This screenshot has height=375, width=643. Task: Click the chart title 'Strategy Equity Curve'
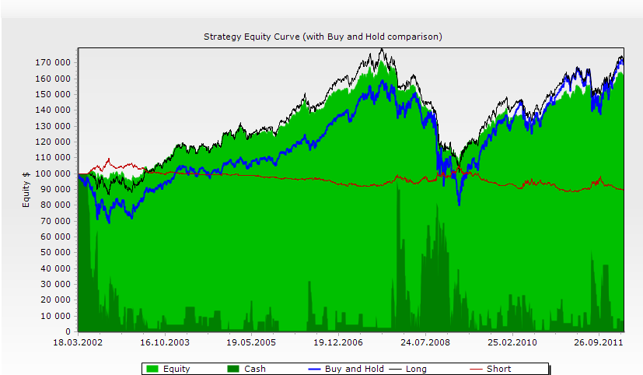(x=323, y=37)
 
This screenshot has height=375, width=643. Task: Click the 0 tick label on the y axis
(x=68, y=332)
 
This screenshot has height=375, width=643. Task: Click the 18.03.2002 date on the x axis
(x=78, y=342)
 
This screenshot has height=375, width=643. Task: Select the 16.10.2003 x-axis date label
(x=165, y=342)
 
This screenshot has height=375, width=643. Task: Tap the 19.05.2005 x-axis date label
(x=252, y=342)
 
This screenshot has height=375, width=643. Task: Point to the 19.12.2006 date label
(x=339, y=342)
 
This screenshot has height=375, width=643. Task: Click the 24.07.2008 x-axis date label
(x=426, y=342)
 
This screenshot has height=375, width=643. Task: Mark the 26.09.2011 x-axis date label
(x=599, y=342)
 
